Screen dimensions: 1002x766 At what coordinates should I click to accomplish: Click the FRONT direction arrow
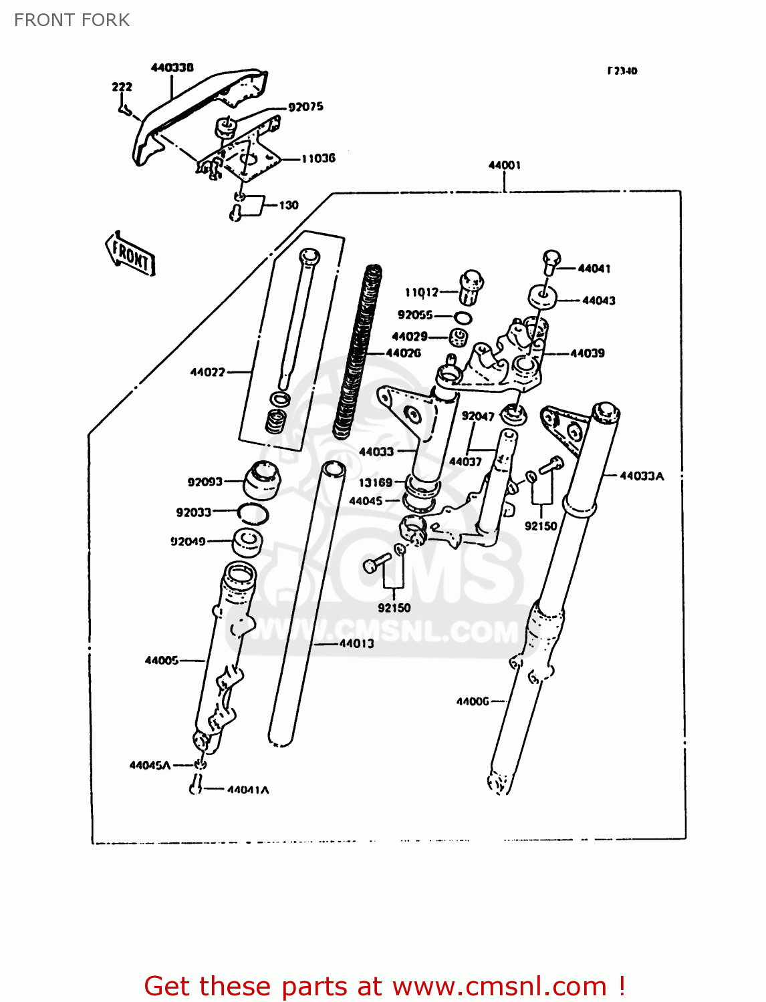click(x=131, y=255)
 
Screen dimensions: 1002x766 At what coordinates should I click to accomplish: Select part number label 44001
click(x=504, y=165)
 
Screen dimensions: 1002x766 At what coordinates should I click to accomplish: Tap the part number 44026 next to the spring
click(x=403, y=353)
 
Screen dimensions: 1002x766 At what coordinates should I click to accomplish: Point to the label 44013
click(x=356, y=643)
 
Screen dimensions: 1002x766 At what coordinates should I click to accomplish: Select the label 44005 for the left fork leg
click(x=162, y=660)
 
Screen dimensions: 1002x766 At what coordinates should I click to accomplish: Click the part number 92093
click(x=205, y=482)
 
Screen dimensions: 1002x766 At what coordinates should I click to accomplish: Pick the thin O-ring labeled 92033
click(x=253, y=513)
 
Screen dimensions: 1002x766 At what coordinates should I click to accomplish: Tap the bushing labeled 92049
click(x=247, y=542)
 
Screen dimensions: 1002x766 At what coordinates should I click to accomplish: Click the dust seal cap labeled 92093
click(x=261, y=480)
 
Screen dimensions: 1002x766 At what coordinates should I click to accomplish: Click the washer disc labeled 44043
click(x=543, y=297)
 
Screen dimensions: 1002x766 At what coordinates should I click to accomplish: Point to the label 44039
click(x=587, y=353)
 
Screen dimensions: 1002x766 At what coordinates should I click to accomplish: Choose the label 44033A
click(x=642, y=476)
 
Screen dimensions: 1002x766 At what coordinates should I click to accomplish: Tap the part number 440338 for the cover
click(x=172, y=67)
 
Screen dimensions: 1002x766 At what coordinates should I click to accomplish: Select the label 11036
click(x=318, y=158)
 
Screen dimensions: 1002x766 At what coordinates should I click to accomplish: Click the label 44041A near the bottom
click(x=248, y=790)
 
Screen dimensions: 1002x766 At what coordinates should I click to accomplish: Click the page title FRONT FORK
click(x=72, y=20)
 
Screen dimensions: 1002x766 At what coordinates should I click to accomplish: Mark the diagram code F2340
click(x=622, y=71)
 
